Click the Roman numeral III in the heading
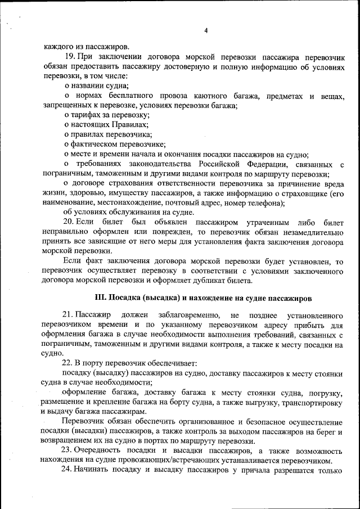[100, 298]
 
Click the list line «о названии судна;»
[96, 86]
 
